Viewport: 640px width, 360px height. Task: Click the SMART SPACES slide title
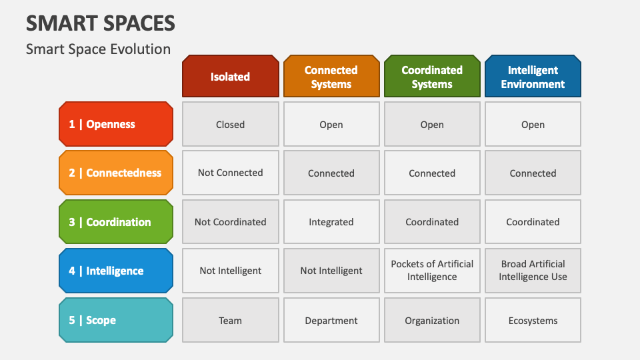click(101, 23)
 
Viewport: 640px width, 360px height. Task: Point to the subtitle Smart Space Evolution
click(98, 49)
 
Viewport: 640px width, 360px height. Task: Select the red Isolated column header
click(230, 77)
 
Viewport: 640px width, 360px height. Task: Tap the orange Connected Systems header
click(331, 77)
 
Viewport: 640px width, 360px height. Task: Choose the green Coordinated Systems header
click(432, 77)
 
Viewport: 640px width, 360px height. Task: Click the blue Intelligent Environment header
click(533, 77)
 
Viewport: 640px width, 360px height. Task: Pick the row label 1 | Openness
click(116, 124)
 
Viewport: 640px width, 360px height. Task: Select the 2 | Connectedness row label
click(116, 173)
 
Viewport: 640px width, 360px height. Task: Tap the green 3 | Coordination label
click(116, 222)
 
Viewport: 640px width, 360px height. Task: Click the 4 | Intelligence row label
click(116, 271)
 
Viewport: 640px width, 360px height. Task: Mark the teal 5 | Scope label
click(116, 320)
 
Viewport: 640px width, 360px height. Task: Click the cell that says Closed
click(230, 124)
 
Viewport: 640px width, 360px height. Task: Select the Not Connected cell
click(230, 173)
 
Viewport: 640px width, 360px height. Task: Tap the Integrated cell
click(331, 222)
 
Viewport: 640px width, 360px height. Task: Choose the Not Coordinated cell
click(230, 222)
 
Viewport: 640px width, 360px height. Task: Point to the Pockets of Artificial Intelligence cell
click(432, 271)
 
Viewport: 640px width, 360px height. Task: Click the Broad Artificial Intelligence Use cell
click(533, 271)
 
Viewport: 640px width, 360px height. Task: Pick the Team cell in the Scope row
click(230, 320)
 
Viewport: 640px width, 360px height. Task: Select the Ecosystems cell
click(533, 320)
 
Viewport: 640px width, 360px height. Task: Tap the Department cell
click(331, 320)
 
